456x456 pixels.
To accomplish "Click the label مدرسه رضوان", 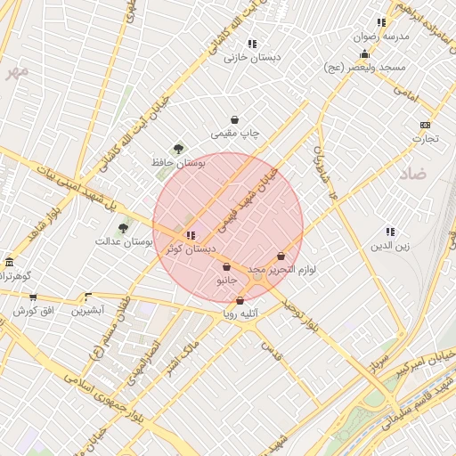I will [x=382, y=37].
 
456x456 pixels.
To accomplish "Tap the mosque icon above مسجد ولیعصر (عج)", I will [x=364, y=54].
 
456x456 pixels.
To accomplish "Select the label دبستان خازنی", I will [x=252, y=57].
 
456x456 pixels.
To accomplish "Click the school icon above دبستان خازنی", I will [x=252, y=43].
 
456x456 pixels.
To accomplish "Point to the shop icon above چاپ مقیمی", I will [x=234, y=119].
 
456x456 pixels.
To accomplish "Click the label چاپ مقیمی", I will [x=235, y=134].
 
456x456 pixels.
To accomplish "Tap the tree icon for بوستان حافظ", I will [x=179, y=149].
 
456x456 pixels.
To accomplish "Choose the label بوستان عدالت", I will [x=126, y=241].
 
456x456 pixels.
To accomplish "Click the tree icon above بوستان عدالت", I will [x=123, y=228].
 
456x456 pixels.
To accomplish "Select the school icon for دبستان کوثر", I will [x=191, y=235].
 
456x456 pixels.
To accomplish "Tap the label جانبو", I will [x=227, y=281].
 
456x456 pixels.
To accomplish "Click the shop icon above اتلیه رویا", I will [x=240, y=300].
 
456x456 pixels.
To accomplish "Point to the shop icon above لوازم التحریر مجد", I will [x=281, y=256].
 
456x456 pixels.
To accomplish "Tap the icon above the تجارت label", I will [x=425, y=125].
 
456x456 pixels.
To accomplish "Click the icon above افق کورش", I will [x=33, y=297].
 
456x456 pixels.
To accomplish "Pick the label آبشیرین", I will [x=88, y=310].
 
